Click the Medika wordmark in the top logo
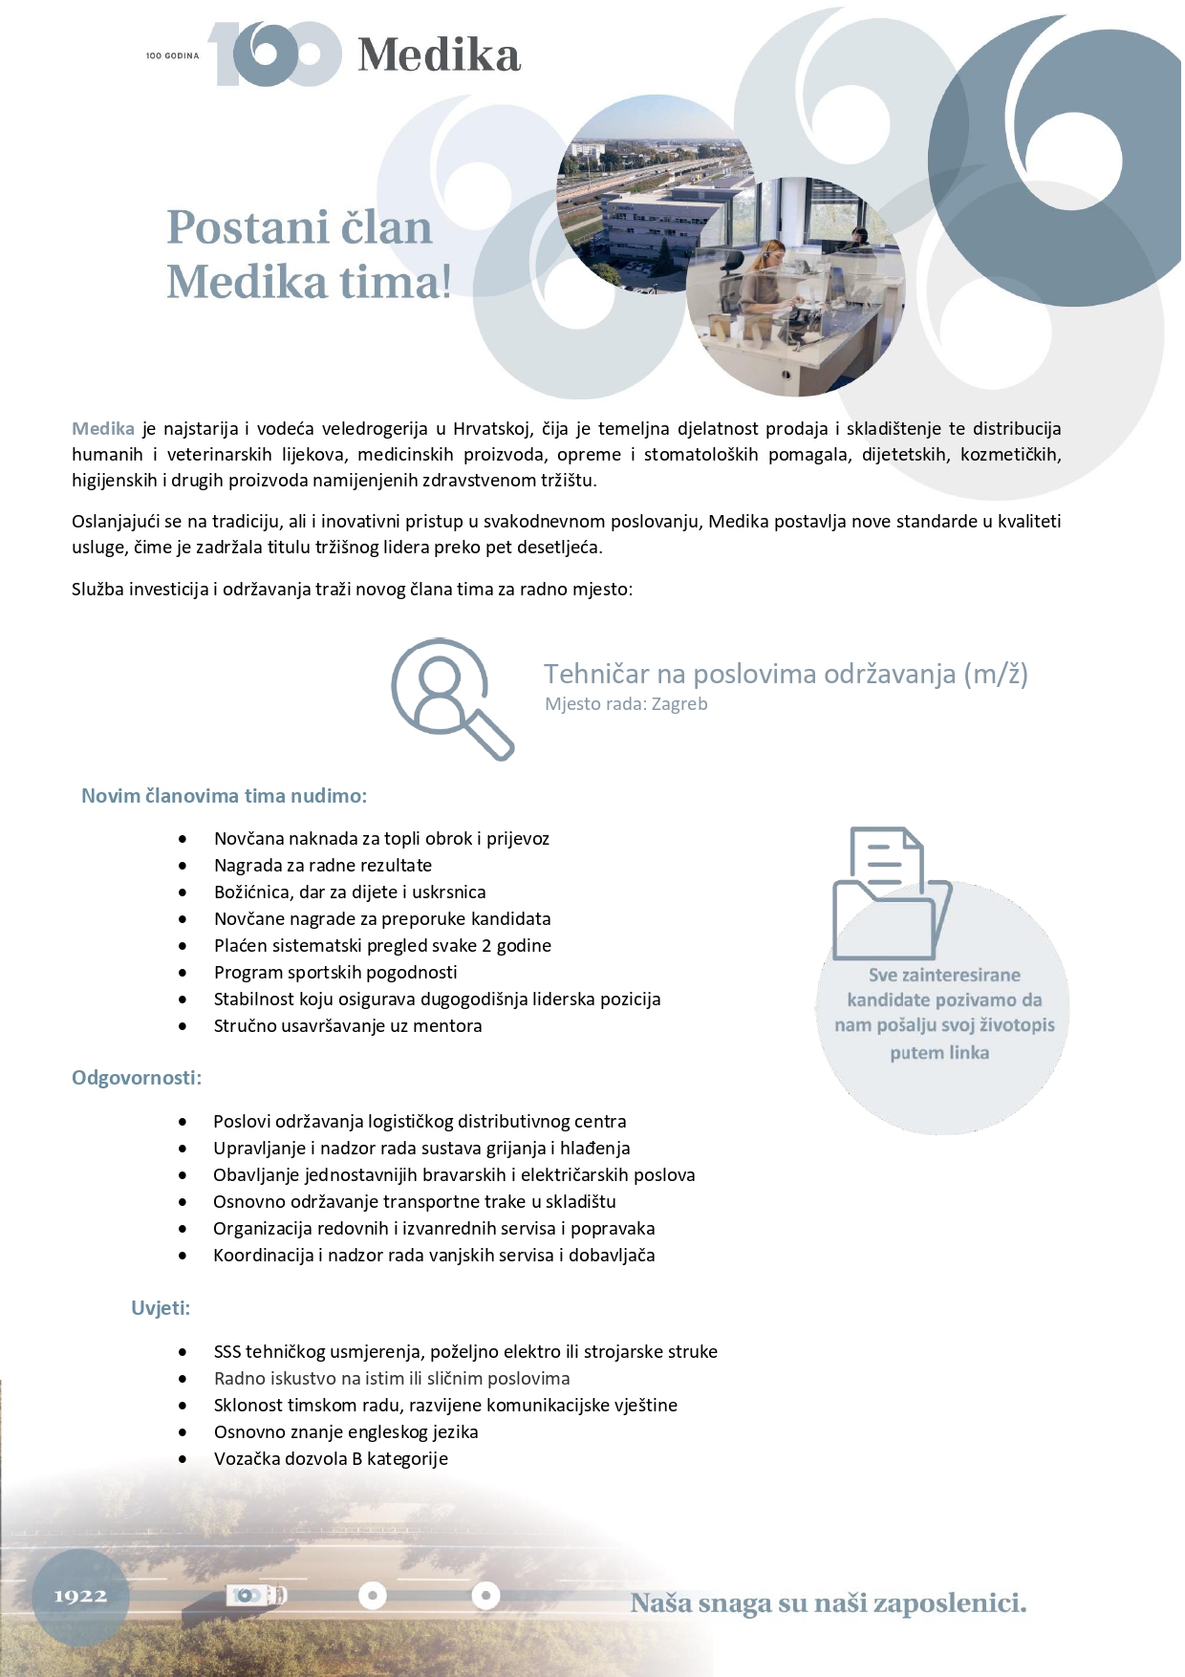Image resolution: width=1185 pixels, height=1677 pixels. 439,55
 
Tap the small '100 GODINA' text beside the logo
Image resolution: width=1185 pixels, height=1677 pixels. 172,56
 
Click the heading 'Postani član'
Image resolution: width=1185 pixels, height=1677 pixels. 299,227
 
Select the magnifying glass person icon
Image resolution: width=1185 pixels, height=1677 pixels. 450,697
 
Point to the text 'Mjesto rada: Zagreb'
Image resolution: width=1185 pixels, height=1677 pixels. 626,704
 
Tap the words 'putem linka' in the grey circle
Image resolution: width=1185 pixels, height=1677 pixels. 939,1053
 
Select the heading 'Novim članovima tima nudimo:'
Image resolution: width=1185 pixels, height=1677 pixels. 224,796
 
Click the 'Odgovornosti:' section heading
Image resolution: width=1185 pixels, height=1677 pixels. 137,1078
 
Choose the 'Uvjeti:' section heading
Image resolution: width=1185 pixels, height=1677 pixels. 161,1308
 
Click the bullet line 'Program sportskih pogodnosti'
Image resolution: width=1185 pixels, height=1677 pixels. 335,972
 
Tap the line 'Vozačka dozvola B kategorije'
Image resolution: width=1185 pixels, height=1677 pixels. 331,1458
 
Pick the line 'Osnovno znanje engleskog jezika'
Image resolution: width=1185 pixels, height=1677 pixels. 346,1431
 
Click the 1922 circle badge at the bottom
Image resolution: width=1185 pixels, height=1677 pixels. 80,1596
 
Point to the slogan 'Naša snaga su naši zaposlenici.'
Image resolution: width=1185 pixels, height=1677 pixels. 828,1602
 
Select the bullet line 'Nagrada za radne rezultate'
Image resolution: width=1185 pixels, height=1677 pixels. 323,865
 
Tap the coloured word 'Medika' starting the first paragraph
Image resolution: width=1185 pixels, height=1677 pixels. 103,429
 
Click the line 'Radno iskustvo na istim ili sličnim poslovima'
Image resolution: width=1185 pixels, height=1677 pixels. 392,1378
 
